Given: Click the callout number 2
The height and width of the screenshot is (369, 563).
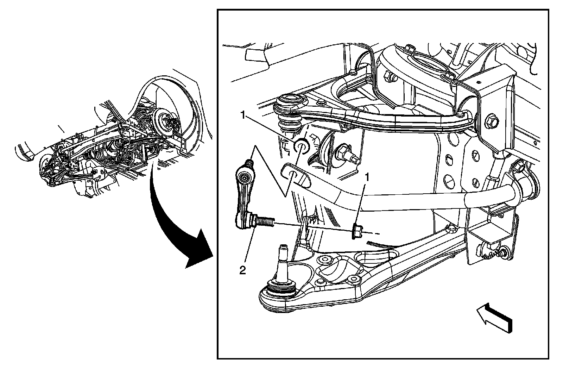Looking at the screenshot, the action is pos(242,270).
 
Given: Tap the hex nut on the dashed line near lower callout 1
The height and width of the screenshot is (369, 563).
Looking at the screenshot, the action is pos(356,231).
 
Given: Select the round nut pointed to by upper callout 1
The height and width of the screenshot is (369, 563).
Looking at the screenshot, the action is pos(301,146).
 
